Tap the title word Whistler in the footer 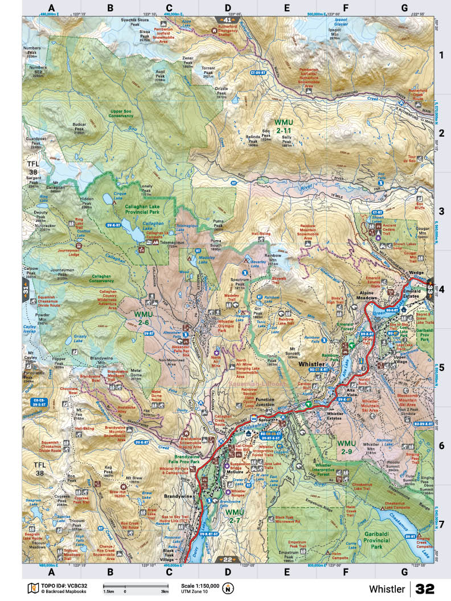coord(387,588)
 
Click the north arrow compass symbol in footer coord(228,588)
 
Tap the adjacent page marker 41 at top coord(225,20)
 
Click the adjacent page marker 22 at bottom coord(225,559)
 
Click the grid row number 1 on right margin coord(440,55)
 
